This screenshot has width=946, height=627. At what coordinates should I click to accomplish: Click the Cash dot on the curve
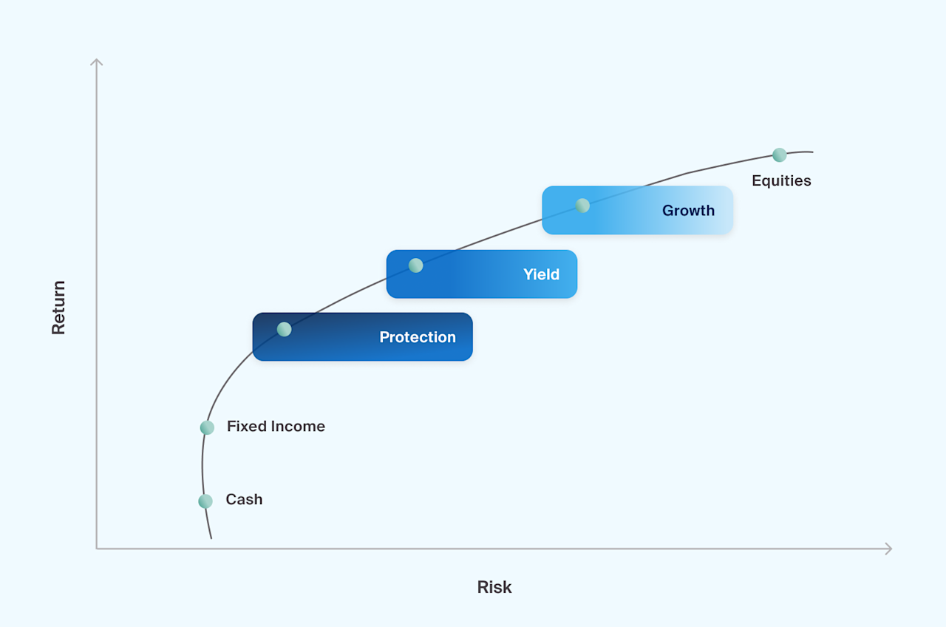click(205, 501)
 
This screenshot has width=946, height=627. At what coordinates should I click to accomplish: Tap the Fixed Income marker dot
click(207, 427)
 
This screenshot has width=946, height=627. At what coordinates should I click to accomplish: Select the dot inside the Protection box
click(284, 329)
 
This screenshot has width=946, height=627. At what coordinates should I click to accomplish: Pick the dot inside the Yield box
click(416, 265)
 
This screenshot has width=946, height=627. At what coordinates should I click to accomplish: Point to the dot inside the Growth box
click(582, 206)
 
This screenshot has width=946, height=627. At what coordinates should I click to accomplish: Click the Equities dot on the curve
click(780, 155)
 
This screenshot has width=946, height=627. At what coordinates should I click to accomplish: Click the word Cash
click(244, 500)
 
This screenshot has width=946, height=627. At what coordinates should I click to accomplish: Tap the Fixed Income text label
click(276, 427)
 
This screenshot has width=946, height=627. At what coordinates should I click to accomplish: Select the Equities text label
click(781, 181)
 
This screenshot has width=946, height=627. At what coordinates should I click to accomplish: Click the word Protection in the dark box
click(418, 337)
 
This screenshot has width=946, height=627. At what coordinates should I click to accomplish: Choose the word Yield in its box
click(541, 274)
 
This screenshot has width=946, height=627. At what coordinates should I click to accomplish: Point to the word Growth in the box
click(688, 211)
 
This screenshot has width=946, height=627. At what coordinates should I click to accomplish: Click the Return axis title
click(59, 308)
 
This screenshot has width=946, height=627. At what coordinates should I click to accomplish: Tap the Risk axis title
click(494, 588)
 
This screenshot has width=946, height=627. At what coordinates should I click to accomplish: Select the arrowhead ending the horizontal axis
click(890, 549)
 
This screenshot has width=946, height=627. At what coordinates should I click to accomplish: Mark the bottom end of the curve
click(211, 538)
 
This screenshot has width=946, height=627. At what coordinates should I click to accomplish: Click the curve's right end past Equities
click(811, 152)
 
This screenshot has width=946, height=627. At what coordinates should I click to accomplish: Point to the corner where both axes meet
click(97, 549)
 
